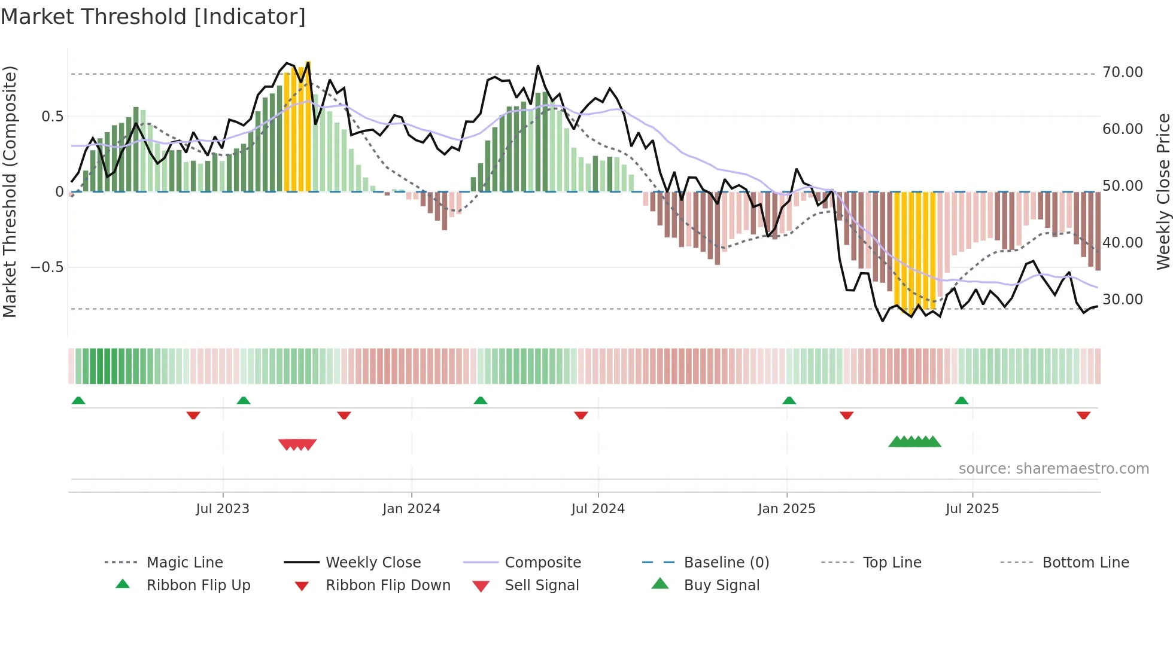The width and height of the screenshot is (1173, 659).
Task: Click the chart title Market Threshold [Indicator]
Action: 153,17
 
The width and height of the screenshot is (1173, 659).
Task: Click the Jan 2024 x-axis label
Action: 411,509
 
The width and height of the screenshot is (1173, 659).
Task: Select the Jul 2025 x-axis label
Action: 972,509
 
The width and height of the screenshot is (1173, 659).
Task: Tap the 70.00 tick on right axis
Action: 1122,72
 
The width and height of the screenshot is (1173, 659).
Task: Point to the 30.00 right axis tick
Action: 1122,300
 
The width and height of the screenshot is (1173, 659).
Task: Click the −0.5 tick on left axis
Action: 47,267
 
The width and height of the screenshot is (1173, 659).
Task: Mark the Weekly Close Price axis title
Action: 1163,191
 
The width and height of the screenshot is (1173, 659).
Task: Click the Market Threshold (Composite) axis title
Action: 10,191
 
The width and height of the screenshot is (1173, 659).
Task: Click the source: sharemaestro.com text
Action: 1053,469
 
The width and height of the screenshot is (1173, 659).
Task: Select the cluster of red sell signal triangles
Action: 297,444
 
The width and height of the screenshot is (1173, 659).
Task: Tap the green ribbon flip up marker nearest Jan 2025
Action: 789,401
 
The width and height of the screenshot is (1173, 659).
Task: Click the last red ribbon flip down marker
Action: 1083,415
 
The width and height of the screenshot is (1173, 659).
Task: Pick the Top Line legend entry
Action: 892,563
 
